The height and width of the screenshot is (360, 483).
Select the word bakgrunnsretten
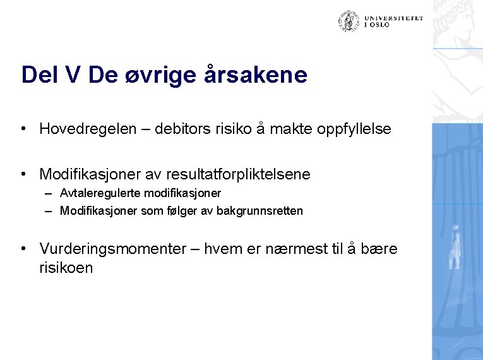coord(259,211)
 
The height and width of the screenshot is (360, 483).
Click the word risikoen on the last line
coord(66,268)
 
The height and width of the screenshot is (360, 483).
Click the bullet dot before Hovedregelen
coord(23,129)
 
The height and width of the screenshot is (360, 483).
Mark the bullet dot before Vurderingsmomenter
coord(23,249)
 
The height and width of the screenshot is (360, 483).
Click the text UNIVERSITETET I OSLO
coord(393,21)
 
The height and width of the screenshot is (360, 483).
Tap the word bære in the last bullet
coord(381,249)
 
